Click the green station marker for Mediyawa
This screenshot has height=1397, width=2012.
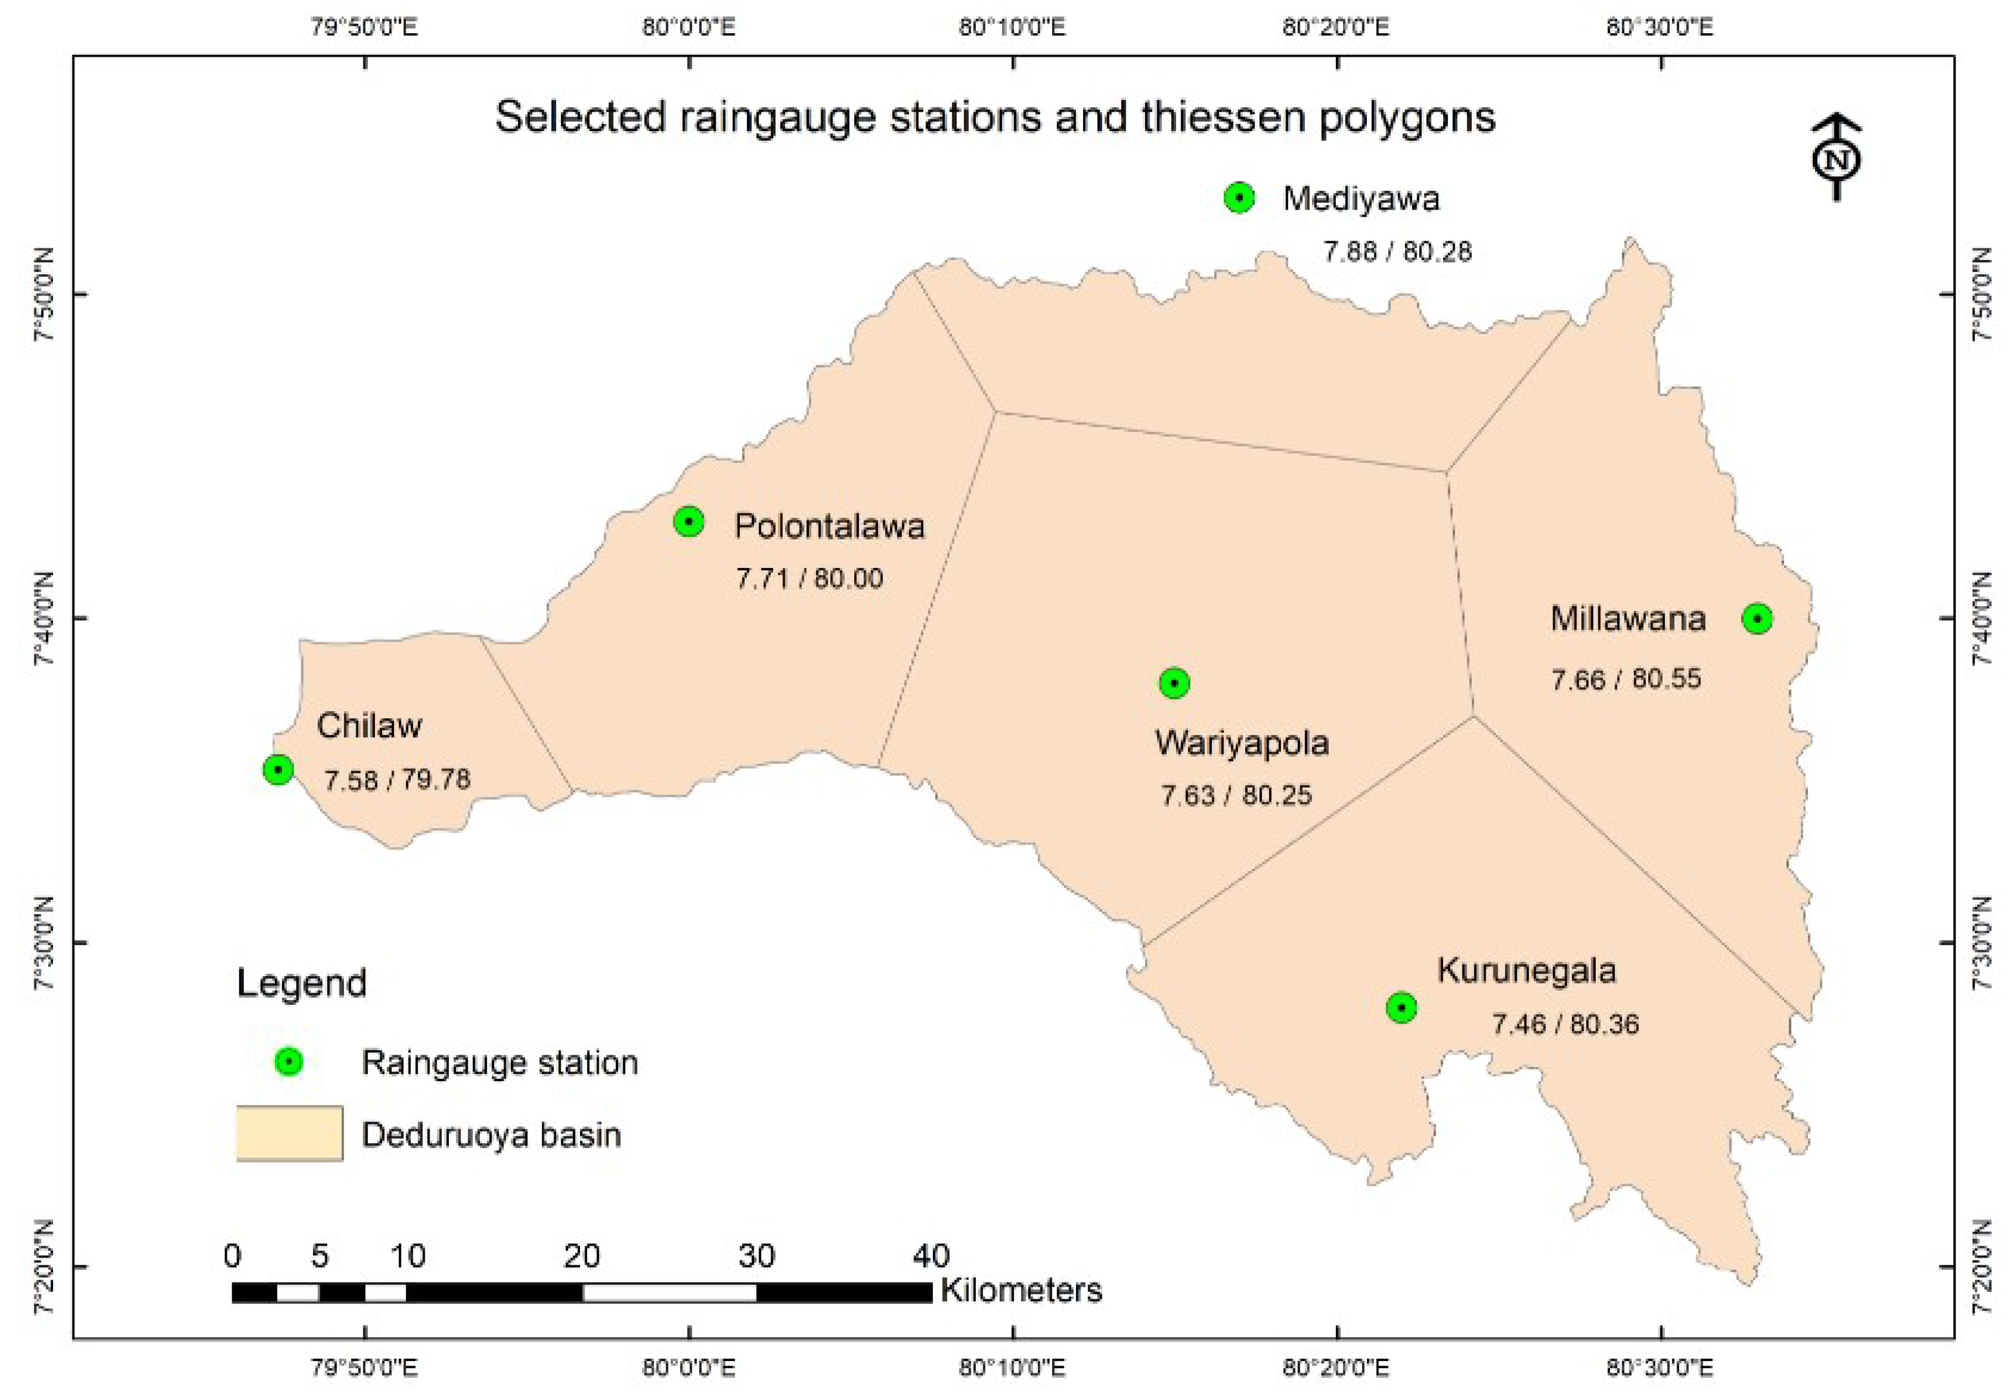1238,198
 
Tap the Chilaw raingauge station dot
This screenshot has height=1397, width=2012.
278,769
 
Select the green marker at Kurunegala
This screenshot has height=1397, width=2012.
1401,1008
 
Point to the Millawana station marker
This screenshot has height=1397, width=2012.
1757,619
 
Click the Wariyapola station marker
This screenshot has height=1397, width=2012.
1174,683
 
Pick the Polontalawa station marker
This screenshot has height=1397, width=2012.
689,522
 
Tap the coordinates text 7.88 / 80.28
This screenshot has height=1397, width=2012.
1397,252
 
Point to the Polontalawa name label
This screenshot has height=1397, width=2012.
829,526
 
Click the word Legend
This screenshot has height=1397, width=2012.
302,983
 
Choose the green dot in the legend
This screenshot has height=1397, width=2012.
289,1062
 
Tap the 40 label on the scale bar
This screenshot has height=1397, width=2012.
931,1256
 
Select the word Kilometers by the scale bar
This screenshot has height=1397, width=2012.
1021,1290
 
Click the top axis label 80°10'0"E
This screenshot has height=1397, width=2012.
1012,27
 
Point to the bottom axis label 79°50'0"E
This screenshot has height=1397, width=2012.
364,1367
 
